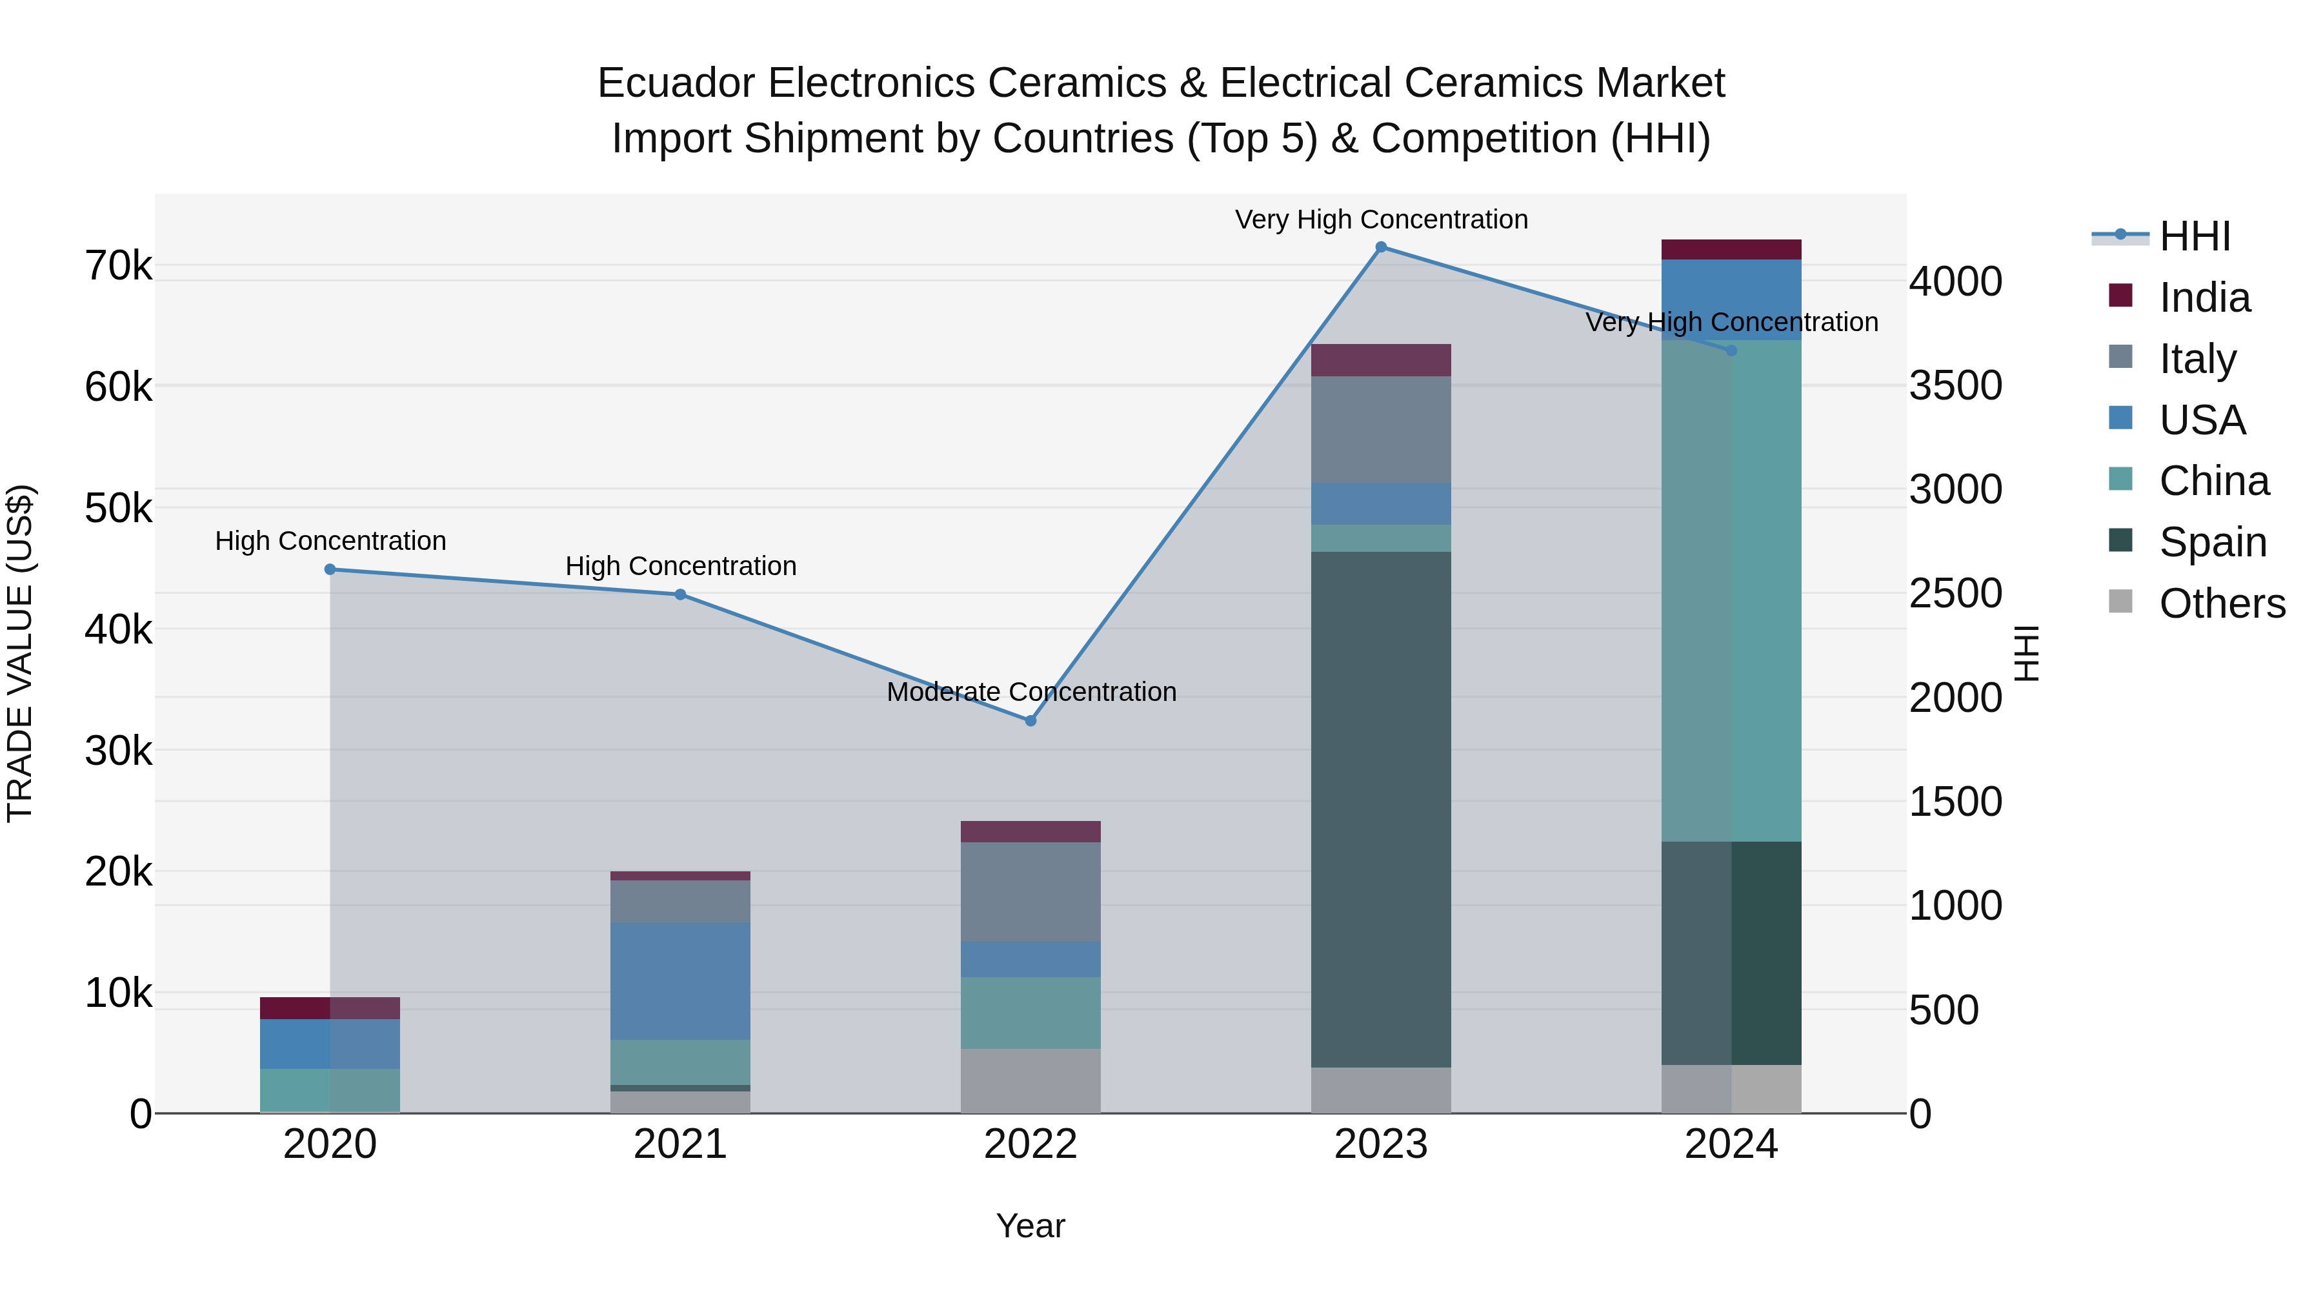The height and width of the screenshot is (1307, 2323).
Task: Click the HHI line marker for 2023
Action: (1381, 247)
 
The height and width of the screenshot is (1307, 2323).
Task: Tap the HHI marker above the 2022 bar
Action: (1031, 721)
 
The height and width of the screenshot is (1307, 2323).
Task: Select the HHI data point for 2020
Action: (330, 569)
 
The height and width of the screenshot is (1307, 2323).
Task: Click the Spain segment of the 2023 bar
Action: (1381, 809)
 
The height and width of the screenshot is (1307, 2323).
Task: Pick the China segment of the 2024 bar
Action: (1731, 591)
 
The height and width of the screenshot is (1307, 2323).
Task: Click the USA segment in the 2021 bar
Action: (680, 980)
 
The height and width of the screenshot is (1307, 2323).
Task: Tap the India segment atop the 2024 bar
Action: (1731, 250)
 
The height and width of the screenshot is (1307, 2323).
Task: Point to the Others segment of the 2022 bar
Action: (1031, 1080)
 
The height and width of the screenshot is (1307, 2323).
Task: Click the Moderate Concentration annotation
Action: (1031, 692)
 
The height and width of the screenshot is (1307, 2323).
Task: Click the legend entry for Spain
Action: (2212, 542)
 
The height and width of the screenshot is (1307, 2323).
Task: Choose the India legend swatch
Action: (2120, 296)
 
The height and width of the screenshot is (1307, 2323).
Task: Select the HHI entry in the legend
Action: (2194, 236)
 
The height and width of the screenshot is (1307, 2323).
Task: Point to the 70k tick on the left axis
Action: (118, 266)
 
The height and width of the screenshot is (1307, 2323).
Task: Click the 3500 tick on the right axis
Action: (1955, 386)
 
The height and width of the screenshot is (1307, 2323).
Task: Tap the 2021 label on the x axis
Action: (680, 1144)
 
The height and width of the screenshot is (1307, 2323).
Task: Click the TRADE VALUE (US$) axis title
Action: (20, 653)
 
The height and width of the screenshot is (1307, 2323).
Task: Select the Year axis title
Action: (1030, 1226)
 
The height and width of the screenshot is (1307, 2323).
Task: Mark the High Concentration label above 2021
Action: (681, 565)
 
